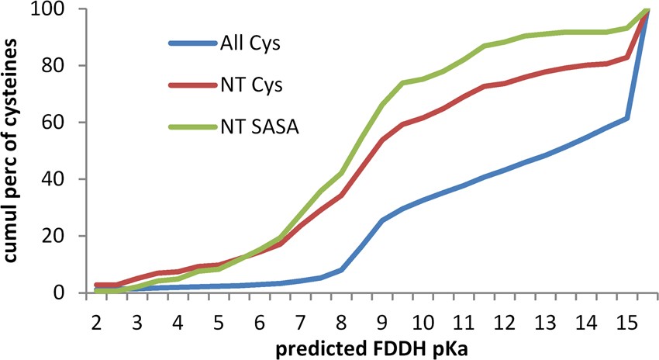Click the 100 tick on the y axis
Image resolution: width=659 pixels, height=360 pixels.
coord(57,9)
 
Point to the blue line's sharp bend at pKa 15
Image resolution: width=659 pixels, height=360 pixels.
coord(626,119)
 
